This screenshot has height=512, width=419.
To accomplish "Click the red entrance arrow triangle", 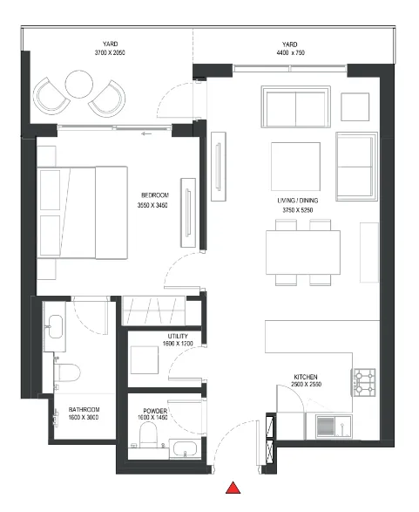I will point(233,488).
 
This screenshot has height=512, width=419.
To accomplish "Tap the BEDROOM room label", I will point(154,195).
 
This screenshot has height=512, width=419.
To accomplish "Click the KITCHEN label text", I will point(307,377).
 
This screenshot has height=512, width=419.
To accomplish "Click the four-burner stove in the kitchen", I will point(364,380).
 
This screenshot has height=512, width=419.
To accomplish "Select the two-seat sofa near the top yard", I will point(295,108).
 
